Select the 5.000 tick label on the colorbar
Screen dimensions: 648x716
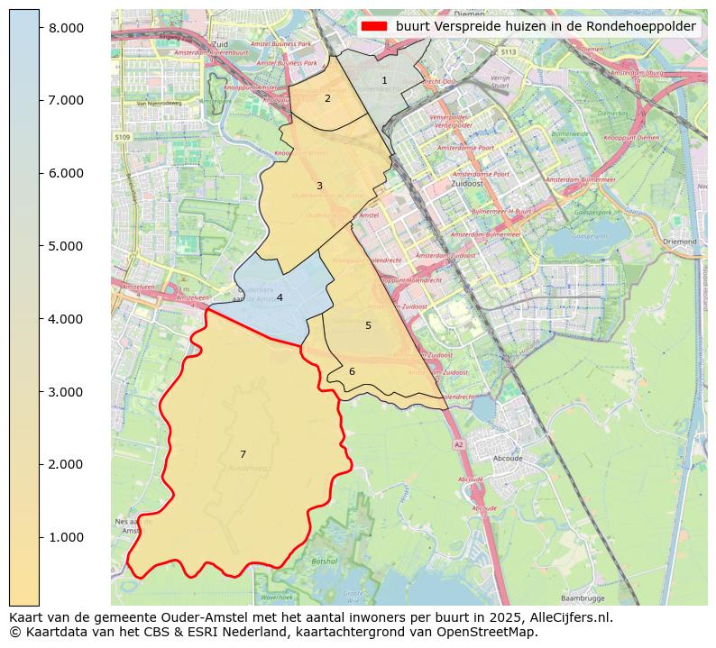point(66,246)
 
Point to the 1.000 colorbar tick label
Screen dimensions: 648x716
point(66,537)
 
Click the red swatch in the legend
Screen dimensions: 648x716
point(374,26)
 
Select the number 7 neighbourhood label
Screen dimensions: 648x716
point(243,454)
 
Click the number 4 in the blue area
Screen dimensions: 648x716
point(280,297)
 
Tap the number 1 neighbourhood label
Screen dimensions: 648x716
point(384,80)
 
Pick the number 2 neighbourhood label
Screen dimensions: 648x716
point(327,98)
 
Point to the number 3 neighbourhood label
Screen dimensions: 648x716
point(319,186)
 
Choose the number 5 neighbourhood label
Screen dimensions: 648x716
point(368,325)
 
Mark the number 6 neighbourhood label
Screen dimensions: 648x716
point(352,371)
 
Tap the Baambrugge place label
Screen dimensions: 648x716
point(582,598)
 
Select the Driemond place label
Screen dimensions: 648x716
point(679,242)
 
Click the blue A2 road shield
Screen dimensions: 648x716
point(458,444)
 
